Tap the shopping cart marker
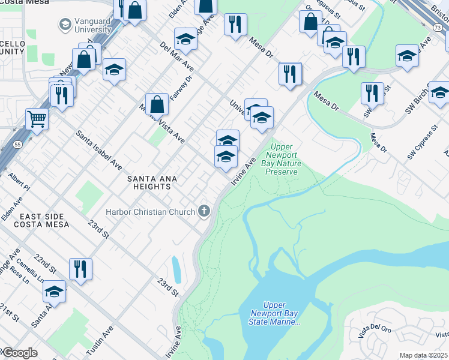click(x=37, y=119)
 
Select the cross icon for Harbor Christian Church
click(x=204, y=211)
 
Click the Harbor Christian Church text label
click(x=150, y=211)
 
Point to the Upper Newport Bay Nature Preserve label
click(x=282, y=159)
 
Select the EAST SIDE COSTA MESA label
click(x=35, y=220)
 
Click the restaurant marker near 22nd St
click(x=80, y=269)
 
